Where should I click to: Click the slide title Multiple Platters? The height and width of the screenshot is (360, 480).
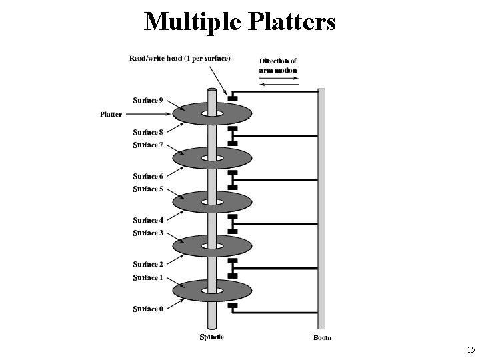point(240,21)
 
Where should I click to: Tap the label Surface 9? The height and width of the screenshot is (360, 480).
point(147,101)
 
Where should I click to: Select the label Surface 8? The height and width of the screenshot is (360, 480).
point(147,132)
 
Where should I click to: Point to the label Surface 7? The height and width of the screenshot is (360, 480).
point(147,145)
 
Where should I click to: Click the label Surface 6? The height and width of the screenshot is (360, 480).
point(147,177)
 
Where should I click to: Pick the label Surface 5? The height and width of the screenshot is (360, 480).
point(147,189)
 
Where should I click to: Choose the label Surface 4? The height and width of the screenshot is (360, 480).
point(147,221)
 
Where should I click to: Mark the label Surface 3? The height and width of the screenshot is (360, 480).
point(147,233)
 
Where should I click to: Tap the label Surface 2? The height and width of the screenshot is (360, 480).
point(147,265)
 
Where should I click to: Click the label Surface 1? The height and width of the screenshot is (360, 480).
point(147,277)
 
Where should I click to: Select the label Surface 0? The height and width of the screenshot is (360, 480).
point(147,309)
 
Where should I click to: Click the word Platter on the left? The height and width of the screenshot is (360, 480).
point(111,114)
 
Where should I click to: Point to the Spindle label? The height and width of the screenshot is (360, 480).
point(212,337)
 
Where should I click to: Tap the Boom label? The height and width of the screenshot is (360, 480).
point(323,337)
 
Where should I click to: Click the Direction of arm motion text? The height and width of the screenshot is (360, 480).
point(278,65)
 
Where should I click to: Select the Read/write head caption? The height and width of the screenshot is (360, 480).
point(180,58)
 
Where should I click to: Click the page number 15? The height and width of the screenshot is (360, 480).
point(471,350)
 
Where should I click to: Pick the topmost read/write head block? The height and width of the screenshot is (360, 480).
point(232,99)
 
